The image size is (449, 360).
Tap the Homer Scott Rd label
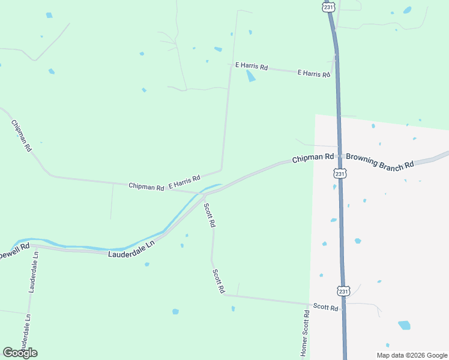click(305, 334)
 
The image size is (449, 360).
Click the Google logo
click(20, 353)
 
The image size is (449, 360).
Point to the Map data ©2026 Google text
click(411, 355)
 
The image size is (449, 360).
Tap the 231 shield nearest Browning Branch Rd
click(340, 173)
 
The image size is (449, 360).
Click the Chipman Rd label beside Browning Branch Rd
click(313, 158)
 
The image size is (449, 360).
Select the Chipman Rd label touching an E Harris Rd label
click(146, 187)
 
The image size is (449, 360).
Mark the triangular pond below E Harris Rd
click(250, 76)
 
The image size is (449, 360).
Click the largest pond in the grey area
click(404, 325)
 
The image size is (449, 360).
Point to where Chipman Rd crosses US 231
click(340, 156)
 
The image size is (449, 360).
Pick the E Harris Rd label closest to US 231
click(314, 73)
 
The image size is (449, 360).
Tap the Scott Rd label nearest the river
click(209, 215)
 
